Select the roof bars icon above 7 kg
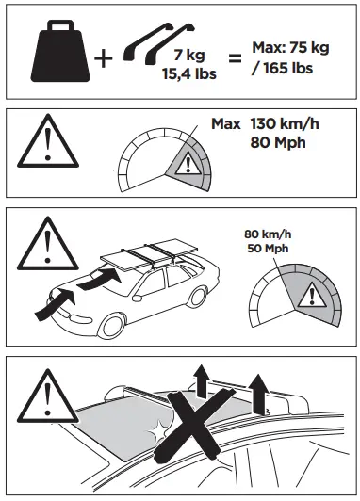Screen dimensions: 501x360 (x=156, y=40)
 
